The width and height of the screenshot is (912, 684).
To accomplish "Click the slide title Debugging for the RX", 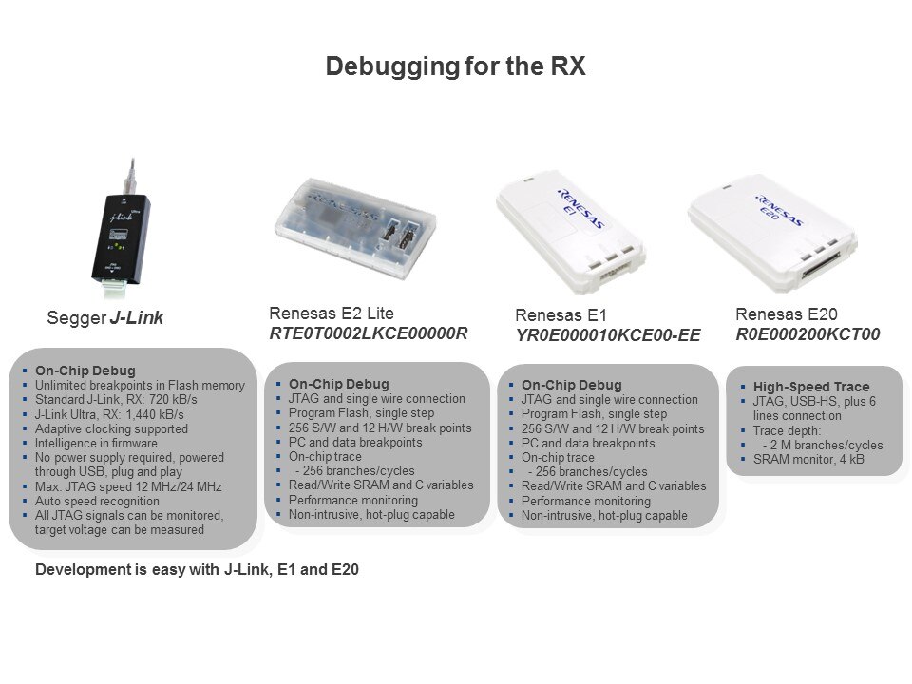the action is pyautogui.click(x=455, y=66).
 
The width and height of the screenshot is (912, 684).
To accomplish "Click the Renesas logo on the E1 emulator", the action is pyautogui.click(x=579, y=208).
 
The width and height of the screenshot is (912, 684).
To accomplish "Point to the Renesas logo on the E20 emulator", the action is pyautogui.click(x=779, y=210).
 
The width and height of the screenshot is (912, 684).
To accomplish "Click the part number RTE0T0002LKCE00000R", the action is pyautogui.click(x=369, y=333).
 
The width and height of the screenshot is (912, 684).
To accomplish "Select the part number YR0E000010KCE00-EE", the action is pyautogui.click(x=608, y=335).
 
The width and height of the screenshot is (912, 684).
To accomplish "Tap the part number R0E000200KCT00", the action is pyautogui.click(x=807, y=334).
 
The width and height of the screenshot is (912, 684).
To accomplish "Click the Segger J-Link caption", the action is pyautogui.click(x=105, y=317).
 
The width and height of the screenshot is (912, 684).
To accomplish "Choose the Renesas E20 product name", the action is pyautogui.click(x=787, y=314).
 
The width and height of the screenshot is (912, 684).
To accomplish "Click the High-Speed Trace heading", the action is pyautogui.click(x=811, y=387).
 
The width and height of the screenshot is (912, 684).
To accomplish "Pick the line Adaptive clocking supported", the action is pyautogui.click(x=111, y=428).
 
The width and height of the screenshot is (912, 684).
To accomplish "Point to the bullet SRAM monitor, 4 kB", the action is pyautogui.click(x=808, y=459).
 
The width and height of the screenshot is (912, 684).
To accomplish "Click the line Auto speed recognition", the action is pyautogui.click(x=97, y=501).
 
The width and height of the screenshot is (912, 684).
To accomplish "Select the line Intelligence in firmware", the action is pyautogui.click(x=96, y=444).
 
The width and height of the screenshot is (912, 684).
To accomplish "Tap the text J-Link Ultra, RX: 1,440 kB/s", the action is pyautogui.click(x=109, y=415).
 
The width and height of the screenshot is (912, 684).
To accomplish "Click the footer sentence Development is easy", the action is pyautogui.click(x=198, y=569).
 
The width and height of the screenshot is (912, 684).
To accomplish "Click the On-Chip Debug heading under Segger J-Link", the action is pyautogui.click(x=85, y=370).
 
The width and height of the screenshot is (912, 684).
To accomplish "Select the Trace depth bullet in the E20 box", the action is pyautogui.click(x=787, y=430).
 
